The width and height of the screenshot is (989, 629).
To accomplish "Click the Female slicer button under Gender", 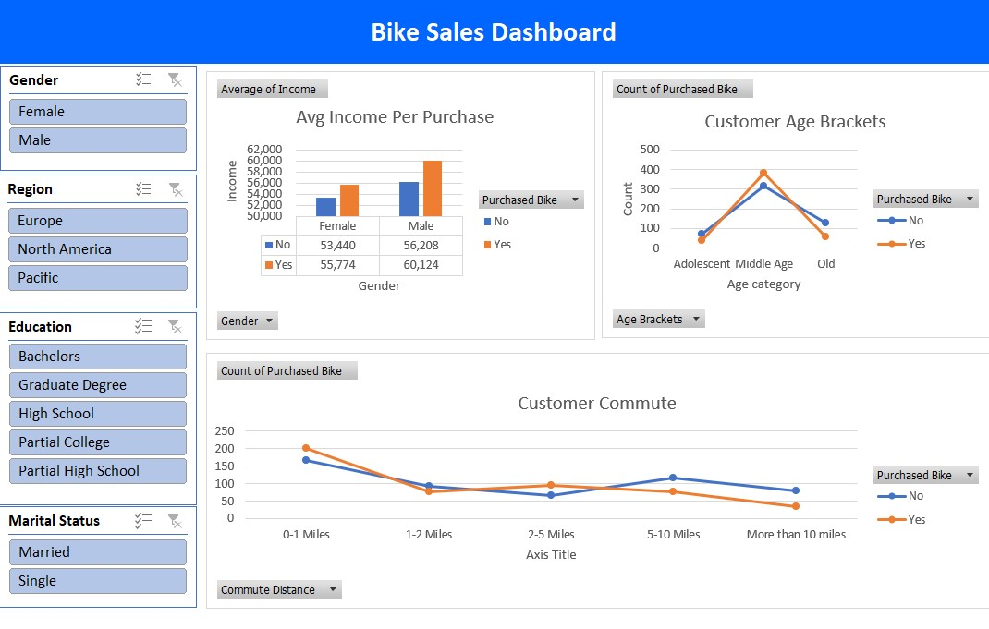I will coord(97,112).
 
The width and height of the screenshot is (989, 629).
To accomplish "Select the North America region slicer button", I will coord(97,249).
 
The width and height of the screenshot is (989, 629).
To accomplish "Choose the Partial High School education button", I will coord(97,471).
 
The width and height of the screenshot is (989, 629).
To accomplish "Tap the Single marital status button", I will coord(97,581).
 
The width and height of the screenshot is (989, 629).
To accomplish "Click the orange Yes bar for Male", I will coord(433,188).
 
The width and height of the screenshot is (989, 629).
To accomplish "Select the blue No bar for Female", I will coord(325,207).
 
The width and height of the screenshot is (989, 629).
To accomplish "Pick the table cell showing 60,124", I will coord(421,265).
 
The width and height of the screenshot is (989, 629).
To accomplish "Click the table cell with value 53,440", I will coord(337,246).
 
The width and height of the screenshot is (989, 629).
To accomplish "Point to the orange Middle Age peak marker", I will coord(763,173).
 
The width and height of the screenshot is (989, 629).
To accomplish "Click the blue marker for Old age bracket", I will coord(825,223).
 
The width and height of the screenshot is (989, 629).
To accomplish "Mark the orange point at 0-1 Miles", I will coord(306,449).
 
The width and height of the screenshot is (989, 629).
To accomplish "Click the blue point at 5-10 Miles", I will coord(673,478).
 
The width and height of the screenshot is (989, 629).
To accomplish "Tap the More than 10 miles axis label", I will coord(796,535).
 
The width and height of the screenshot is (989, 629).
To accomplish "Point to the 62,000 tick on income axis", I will coord(264,150).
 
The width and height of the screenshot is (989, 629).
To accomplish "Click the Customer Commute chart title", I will coord(596,404).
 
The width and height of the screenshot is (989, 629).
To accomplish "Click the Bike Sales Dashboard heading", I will coord(494,32).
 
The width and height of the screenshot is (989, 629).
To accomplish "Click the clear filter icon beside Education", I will coord(174,326).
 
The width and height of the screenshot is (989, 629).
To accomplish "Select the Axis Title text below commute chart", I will coord(551,555).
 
